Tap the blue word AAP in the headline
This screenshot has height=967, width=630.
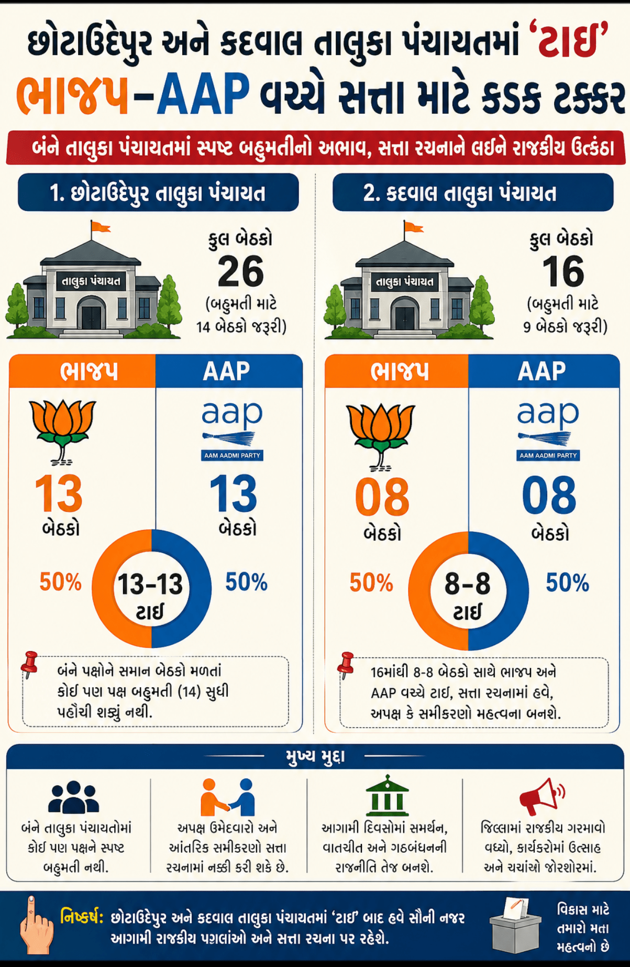click(x=203, y=95)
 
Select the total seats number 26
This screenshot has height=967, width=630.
click(x=240, y=271)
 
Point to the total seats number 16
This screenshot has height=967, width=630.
click(x=562, y=271)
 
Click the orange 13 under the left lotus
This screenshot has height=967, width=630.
click(x=59, y=493)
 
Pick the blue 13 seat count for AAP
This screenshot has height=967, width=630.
click(x=233, y=493)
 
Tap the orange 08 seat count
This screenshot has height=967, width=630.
click(x=382, y=497)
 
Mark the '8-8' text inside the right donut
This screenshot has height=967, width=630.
click(x=467, y=584)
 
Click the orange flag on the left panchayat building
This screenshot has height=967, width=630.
click(x=100, y=227)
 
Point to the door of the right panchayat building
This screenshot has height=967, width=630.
click(x=404, y=317)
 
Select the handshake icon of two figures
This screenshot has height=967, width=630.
click(x=228, y=797)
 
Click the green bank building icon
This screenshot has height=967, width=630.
click(x=386, y=796)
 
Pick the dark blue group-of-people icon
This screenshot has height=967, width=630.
click(x=74, y=797)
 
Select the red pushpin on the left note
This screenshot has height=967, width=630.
click(x=30, y=663)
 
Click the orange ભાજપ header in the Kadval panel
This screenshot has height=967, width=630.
click(x=399, y=371)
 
